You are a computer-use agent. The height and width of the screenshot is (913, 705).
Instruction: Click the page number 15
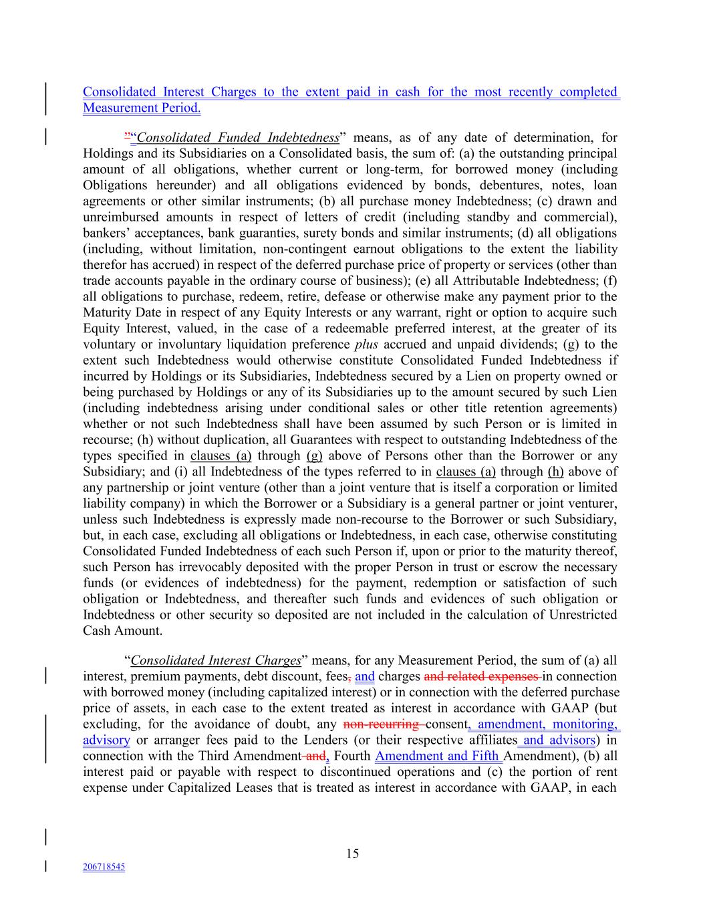pyautogui.click(x=352, y=853)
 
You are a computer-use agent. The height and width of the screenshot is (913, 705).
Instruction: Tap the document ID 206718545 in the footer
pyautogui.click(x=104, y=867)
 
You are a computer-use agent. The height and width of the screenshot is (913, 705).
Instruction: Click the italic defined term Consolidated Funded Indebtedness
pyautogui.click(x=237, y=138)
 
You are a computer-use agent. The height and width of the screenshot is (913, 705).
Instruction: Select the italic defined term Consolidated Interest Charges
pyautogui.click(x=216, y=661)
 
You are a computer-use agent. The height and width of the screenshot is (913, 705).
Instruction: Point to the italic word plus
pyautogui.click(x=366, y=344)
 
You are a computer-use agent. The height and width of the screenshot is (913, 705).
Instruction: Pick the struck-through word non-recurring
pyautogui.click(x=380, y=724)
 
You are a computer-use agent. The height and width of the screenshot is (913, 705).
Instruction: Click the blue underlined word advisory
pyautogui.click(x=106, y=740)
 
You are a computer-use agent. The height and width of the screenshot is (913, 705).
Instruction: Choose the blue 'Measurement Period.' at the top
pyautogui.click(x=142, y=108)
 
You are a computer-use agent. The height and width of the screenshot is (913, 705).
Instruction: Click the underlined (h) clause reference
pyautogui.click(x=556, y=472)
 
